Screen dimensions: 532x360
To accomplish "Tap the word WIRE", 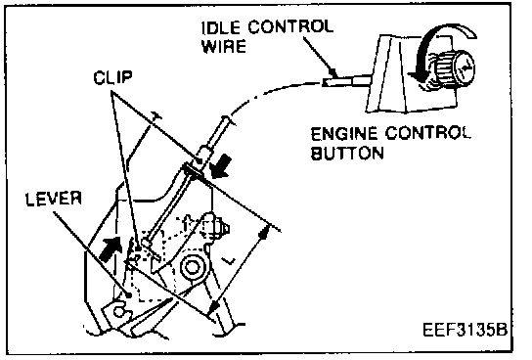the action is coord(224,46).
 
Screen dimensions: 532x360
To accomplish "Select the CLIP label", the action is coord(112,77).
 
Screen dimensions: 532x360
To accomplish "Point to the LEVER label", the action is coord(54,199).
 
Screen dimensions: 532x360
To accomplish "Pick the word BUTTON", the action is coord(347,153).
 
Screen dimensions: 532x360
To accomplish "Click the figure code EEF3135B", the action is coord(465,330).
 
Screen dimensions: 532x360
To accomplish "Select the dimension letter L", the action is coord(228,260).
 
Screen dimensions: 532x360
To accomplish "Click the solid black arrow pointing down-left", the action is coord(219,166).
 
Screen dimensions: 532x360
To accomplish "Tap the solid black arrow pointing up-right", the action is coord(111,248).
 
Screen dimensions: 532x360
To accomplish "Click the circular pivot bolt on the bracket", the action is coord(192,267).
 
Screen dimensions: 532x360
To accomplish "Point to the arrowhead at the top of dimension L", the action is coord(264,233).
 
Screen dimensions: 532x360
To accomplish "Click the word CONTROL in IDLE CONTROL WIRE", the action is coord(290,27).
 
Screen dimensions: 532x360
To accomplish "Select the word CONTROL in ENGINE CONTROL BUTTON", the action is coord(428,133).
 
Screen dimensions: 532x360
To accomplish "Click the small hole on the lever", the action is coord(117,311).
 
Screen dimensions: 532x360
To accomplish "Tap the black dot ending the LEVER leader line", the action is coord(129,295).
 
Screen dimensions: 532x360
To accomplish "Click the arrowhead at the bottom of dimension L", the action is coord(213,307).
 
